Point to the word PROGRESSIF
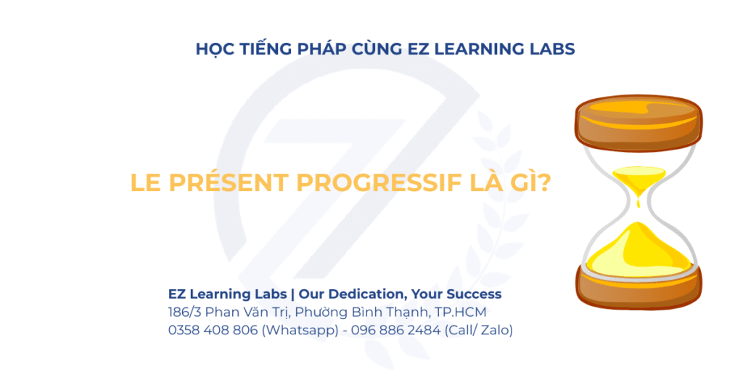pos(379,182)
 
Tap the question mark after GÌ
pos(544,182)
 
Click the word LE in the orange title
pos(145,182)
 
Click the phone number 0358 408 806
pos(213,330)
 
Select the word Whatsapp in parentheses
pos(300,331)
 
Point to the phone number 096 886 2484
pos(395,330)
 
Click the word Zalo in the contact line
pos(494,330)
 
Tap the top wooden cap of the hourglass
pos(639,123)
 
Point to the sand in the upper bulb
pos(639,179)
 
